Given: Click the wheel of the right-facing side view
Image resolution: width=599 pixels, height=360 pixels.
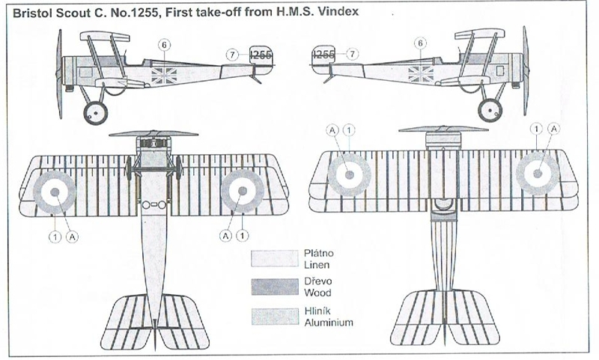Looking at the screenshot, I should tap(491, 110).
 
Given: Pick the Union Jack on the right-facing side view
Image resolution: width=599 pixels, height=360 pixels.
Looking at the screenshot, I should tap(420, 73).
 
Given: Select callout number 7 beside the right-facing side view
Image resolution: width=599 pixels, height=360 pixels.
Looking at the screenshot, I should tap(353, 54).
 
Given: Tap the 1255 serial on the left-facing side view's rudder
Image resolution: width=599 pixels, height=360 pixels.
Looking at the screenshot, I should tap(261, 54).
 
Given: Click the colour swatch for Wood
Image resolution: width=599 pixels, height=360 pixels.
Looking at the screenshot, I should tap(274, 287).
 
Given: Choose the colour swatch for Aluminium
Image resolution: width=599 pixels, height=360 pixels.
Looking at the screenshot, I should tap(274, 317).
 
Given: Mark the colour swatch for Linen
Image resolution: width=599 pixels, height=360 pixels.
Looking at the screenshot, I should tap(274, 258).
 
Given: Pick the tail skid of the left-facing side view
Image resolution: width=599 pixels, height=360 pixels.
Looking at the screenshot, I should tap(257, 76).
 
